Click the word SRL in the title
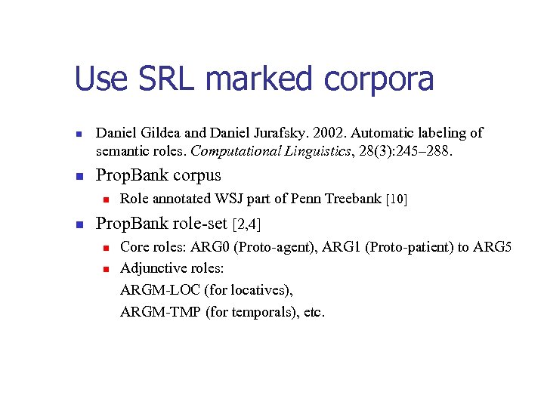tap(165, 79)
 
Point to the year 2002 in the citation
tap(314, 133)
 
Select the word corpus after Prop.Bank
tap(196, 176)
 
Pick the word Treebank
tap(353, 199)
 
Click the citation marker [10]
tap(397, 199)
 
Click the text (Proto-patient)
tap(415, 246)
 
